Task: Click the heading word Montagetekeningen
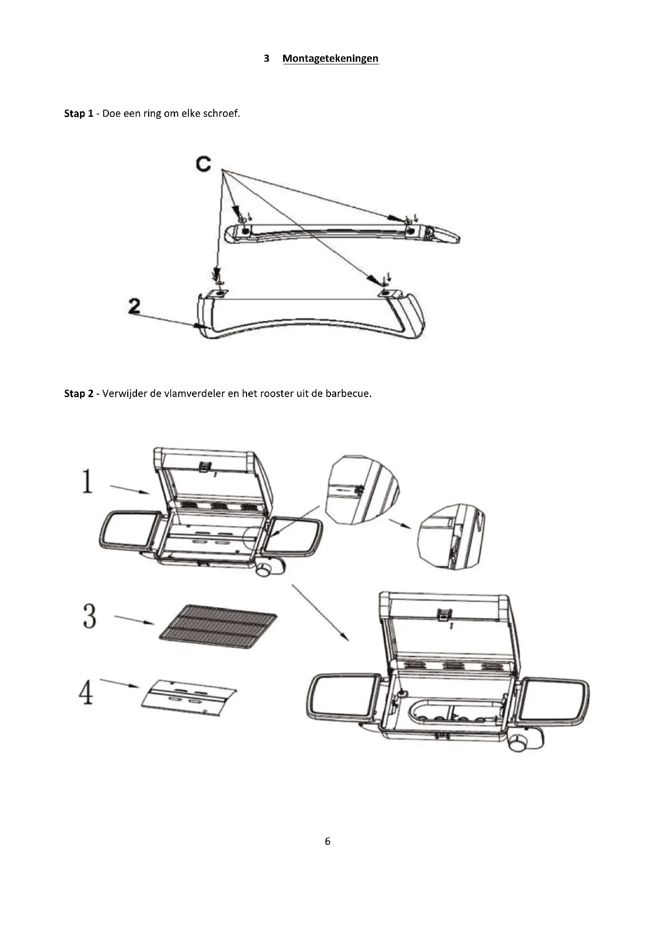pyautogui.click(x=330, y=59)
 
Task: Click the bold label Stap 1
pyautogui.click(x=78, y=114)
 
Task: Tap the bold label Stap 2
pyautogui.click(x=78, y=394)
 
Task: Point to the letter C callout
pyautogui.click(x=204, y=164)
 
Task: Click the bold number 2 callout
pyautogui.click(x=134, y=306)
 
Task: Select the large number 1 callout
pyautogui.click(x=87, y=481)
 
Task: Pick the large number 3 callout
pyautogui.click(x=89, y=616)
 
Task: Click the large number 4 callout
pyautogui.click(x=86, y=693)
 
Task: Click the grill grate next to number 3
pyautogui.click(x=218, y=626)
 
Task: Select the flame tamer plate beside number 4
pyautogui.click(x=189, y=702)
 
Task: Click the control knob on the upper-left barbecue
pyautogui.click(x=265, y=569)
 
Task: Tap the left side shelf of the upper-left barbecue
pyautogui.click(x=128, y=530)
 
